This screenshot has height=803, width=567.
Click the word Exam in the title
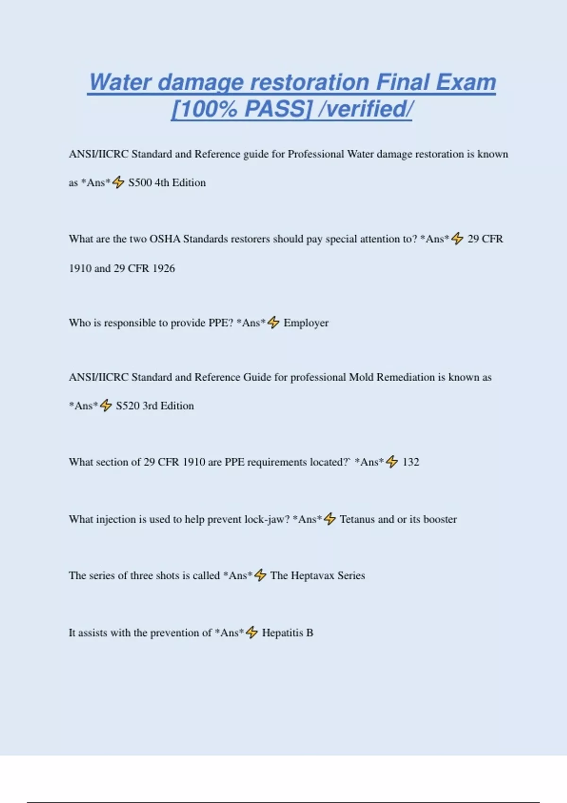point(466,83)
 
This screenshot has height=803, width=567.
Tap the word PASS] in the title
point(278,109)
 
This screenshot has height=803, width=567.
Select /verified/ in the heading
point(366,109)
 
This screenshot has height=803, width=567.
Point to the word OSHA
point(165,239)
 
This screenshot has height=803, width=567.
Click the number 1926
point(163,268)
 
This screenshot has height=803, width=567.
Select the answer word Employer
point(306,323)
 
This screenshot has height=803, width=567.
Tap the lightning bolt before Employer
point(274,323)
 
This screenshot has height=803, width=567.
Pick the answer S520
point(128,406)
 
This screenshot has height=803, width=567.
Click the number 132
point(411,462)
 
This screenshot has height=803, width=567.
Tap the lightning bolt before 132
point(392,461)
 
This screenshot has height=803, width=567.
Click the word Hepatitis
point(283,632)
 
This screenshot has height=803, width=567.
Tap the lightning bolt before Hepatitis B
point(252,632)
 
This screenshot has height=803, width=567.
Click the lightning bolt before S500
point(118,182)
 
